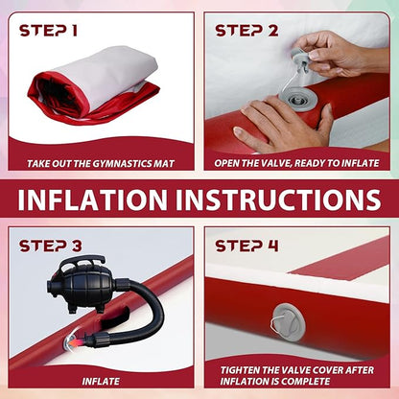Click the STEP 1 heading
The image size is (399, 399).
[48, 31]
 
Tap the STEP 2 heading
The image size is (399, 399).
[246, 31]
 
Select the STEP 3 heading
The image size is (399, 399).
[51, 246]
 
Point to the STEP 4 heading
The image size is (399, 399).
[246, 246]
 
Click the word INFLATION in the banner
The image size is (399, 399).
[93, 199]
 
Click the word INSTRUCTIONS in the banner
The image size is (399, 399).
[278, 199]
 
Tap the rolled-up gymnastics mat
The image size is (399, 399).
[95, 86]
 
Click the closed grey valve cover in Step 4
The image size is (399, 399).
[289, 323]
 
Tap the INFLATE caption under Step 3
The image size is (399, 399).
[101, 381]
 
